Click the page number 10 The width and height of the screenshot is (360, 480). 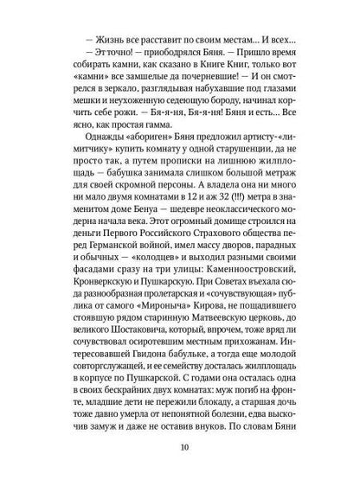(180, 449)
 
